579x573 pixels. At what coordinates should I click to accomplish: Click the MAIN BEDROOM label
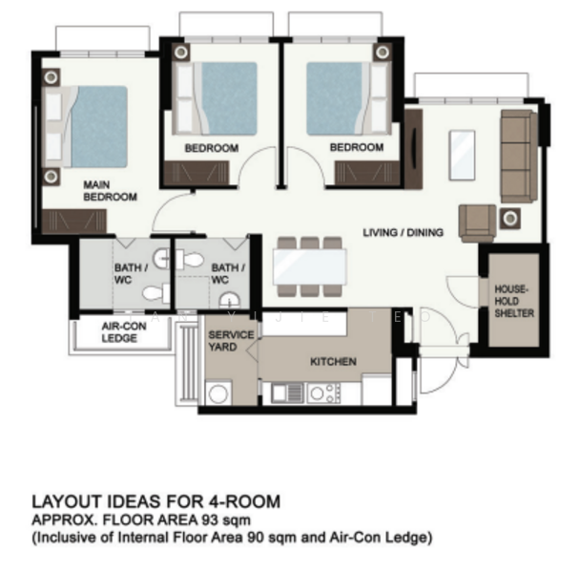[110, 191]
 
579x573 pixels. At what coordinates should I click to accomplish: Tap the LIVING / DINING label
[403, 232]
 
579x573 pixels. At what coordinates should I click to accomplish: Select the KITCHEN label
[333, 362]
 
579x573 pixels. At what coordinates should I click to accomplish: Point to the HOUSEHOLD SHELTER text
[514, 301]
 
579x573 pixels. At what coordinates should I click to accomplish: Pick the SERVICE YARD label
[231, 341]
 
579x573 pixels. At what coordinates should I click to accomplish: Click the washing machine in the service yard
[218, 393]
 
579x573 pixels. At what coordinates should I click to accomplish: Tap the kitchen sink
[287, 393]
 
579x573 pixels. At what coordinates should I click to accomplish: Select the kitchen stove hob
[324, 393]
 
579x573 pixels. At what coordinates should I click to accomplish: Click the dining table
[309, 266]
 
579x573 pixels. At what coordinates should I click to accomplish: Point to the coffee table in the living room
[462, 156]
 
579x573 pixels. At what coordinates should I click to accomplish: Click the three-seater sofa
[519, 156]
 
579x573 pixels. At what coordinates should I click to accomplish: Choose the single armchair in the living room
[477, 223]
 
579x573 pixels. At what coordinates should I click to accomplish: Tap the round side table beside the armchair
[510, 219]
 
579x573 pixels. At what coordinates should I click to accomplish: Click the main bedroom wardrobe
[74, 222]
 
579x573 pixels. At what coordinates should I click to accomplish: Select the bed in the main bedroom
[87, 127]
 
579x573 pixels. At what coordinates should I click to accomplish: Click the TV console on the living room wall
[413, 149]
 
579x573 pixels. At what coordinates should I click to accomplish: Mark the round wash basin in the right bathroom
[229, 300]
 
